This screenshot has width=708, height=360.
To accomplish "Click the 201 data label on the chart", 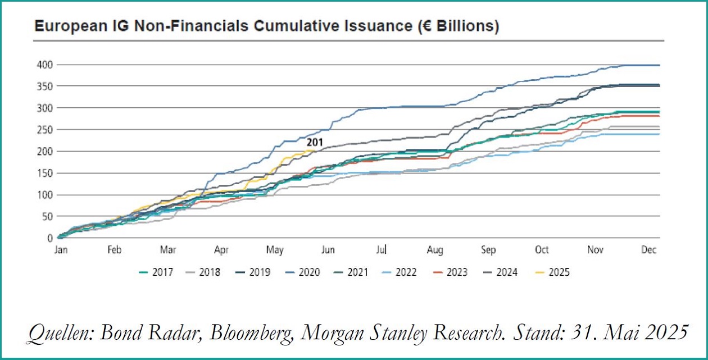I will point(315,143).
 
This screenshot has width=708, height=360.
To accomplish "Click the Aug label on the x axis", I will point(435,250).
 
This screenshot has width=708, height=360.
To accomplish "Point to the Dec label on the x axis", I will point(649,250).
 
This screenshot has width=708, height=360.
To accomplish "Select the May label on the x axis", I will point(274,250).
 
